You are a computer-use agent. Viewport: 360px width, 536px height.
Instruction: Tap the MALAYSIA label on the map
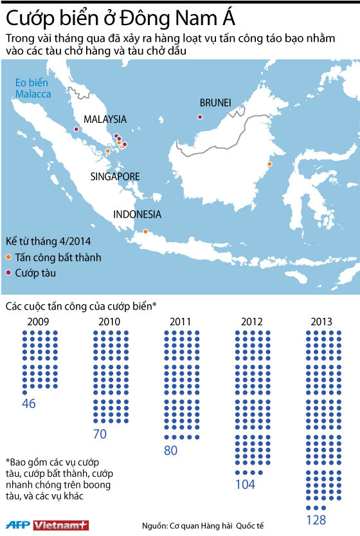(x=105, y=120)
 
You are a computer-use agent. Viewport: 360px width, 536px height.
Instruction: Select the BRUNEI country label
(x=215, y=102)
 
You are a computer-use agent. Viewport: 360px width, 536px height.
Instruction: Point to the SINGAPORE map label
(x=115, y=176)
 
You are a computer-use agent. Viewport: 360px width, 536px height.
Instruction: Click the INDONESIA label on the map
(x=137, y=215)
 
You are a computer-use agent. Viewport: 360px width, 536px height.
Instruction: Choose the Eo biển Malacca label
(x=33, y=86)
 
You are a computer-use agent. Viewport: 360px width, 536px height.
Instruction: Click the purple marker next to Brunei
(x=200, y=117)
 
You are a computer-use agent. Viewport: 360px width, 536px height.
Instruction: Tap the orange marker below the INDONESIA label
(x=145, y=232)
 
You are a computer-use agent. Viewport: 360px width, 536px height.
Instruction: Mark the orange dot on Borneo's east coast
(x=269, y=164)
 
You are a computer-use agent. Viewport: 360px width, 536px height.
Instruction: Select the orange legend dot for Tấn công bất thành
(x=8, y=257)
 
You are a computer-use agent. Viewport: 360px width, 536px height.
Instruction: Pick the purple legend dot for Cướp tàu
(x=8, y=273)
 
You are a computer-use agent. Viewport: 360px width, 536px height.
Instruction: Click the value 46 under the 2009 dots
(x=28, y=404)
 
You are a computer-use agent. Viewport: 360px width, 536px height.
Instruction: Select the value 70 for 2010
(x=100, y=434)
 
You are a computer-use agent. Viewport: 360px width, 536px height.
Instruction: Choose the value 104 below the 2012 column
(x=245, y=484)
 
